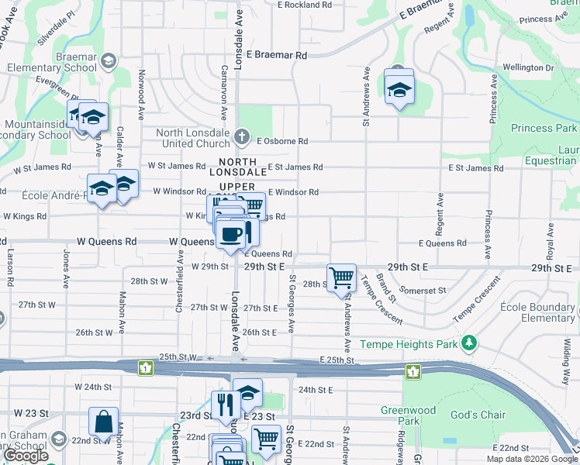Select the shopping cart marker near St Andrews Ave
(x=341, y=277)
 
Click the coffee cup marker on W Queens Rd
(x=230, y=234)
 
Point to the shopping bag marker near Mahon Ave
(x=103, y=422)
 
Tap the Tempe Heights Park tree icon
(x=468, y=343)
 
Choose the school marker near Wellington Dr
(x=399, y=90)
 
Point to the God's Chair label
(x=478, y=415)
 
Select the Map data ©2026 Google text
(x=532, y=459)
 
